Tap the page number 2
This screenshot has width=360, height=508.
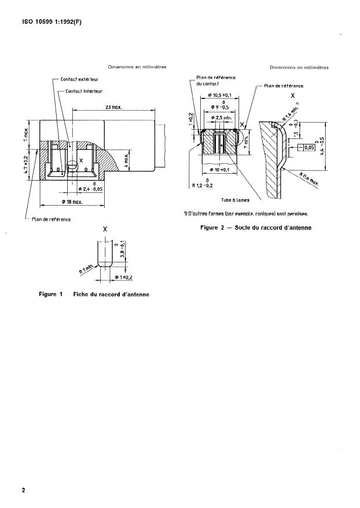click(x=24, y=490)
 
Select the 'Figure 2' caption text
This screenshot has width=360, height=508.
click(x=255, y=228)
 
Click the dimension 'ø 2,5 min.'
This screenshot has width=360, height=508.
click(x=218, y=118)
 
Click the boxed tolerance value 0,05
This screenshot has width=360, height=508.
click(x=304, y=148)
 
